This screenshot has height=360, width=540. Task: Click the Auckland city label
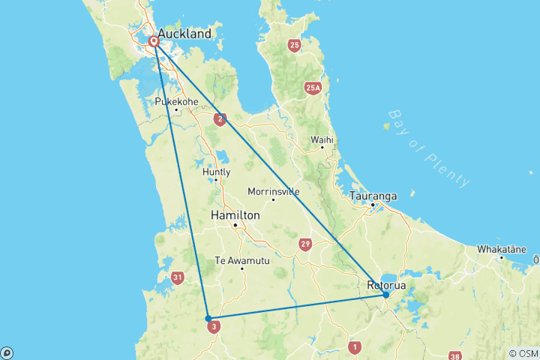[184, 34]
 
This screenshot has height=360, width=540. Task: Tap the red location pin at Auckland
[154, 40]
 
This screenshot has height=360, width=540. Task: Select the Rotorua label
[387, 285]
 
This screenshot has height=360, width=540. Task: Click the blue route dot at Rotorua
[385, 295]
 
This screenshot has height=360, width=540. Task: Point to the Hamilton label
[235, 215]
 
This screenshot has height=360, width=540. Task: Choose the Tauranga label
[373, 196]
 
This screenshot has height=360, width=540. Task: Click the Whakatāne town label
[501, 248]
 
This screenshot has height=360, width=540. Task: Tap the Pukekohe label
[175, 101]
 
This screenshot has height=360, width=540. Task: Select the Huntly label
[216, 171]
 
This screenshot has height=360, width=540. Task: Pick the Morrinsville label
[273, 190]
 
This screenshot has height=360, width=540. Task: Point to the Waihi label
[322, 139]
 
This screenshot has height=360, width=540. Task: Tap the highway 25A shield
[313, 88]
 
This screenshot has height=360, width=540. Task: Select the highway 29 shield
[304, 244]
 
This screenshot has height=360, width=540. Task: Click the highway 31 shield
[177, 278]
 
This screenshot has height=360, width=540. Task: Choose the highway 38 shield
[454, 356]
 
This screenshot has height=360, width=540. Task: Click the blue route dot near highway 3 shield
[208, 318]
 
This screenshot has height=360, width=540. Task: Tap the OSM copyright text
[523, 353]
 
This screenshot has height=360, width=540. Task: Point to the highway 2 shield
[220, 118]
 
